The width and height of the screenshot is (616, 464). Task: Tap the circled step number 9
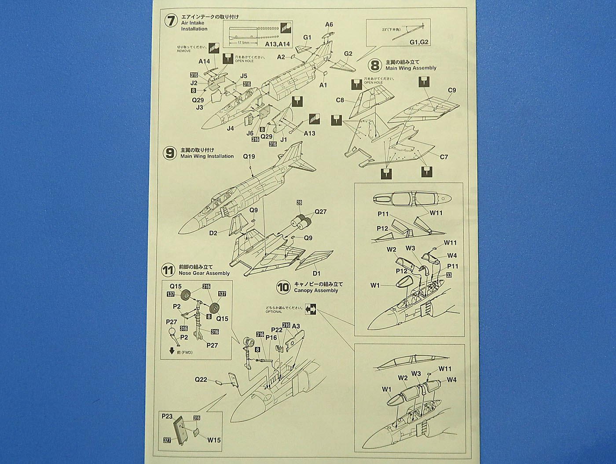click(170, 153)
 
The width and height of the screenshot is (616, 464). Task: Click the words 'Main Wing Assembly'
click(411, 68)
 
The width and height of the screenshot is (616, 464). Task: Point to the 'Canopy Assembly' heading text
click(316, 290)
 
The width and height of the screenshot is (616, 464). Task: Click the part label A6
click(329, 25)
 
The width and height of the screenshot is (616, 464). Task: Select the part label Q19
click(249, 157)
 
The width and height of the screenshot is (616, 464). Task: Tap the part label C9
click(452, 91)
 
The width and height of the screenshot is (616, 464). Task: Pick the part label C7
click(444, 157)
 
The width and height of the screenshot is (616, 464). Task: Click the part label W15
click(214, 440)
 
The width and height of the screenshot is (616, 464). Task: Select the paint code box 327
click(166, 441)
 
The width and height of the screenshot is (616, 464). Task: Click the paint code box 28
click(299, 203)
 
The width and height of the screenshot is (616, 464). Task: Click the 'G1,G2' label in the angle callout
click(418, 42)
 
